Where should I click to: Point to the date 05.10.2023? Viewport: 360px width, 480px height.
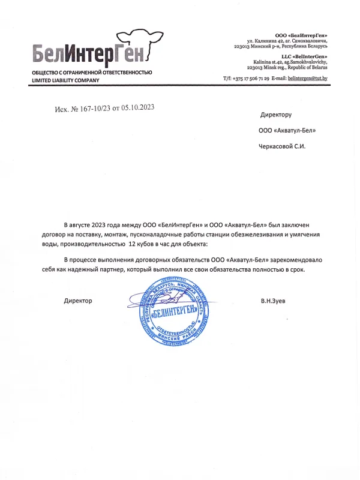point(138,107)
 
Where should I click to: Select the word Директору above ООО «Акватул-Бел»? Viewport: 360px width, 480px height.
point(275,114)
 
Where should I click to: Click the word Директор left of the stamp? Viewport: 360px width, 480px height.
point(78,300)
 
